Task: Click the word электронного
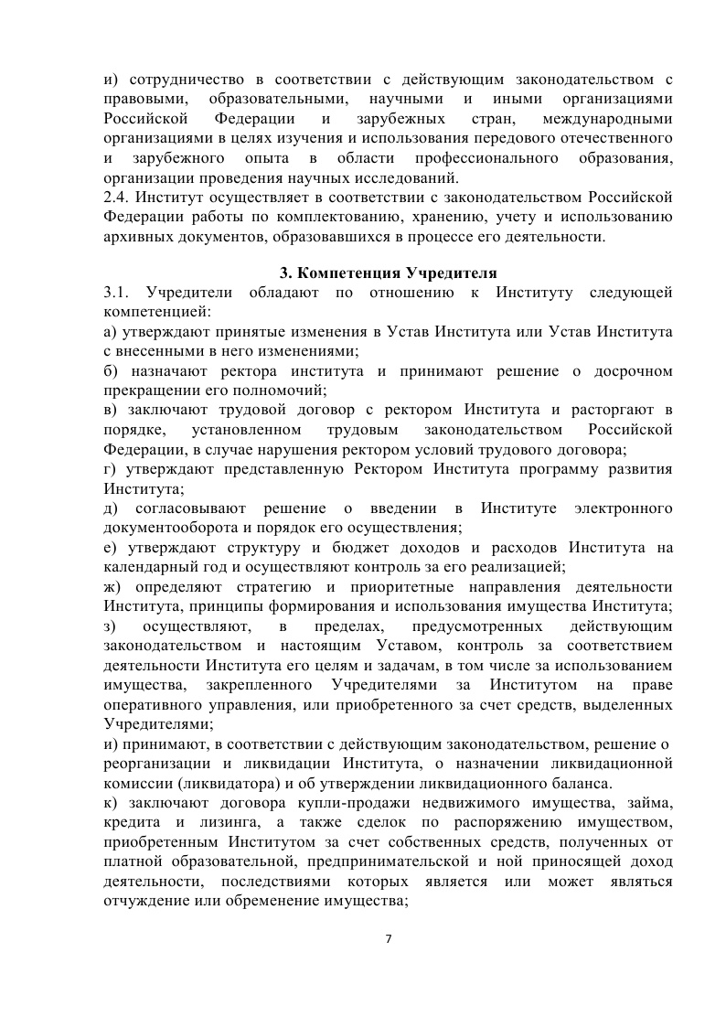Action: (622, 508)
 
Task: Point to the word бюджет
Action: (341, 549)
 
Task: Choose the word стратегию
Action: (291, 587)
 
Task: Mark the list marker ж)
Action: (113, 587)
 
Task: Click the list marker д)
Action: (112, 508)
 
